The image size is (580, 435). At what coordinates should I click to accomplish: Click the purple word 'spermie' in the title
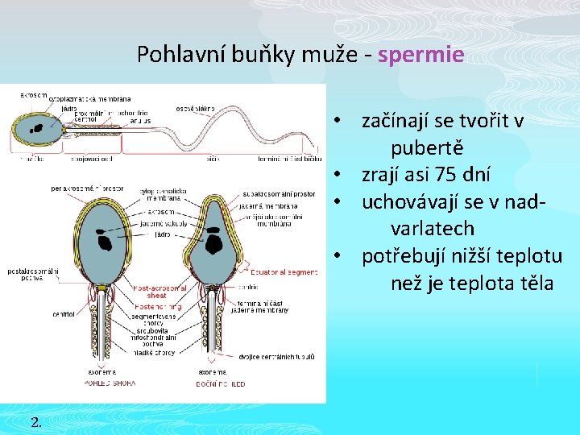[420, 55]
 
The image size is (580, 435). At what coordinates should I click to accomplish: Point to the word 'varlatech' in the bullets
[433, 229]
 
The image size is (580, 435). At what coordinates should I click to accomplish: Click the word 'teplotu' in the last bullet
[528, 256]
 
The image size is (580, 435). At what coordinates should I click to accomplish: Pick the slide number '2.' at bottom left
[35, 420]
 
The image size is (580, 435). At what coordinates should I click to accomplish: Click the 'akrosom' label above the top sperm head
[34, 95]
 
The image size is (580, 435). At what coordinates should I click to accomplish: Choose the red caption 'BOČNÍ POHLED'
[222, 383]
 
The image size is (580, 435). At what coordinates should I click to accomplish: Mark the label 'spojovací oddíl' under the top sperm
[92, 159]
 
